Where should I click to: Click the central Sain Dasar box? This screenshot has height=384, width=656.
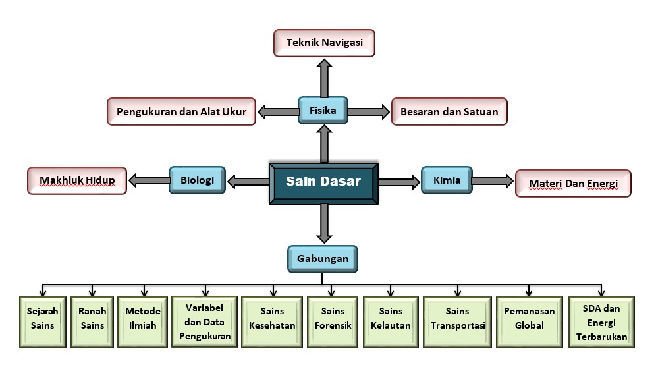[323, 182]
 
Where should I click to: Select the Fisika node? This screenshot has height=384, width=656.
[323, 111]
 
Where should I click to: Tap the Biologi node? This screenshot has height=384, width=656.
[197, 180]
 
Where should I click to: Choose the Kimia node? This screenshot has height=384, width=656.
[447, 180]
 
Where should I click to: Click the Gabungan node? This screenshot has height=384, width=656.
[323, 259]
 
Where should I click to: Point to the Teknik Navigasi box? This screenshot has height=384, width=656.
[323, 43]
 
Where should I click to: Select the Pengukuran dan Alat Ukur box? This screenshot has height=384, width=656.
[181, 112]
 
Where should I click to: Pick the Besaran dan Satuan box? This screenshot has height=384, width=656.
[449, 112]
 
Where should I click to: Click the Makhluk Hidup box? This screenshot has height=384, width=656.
[77, 180]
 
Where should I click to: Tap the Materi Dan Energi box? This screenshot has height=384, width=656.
[573, 183]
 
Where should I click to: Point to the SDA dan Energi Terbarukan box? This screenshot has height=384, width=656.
[601, 322]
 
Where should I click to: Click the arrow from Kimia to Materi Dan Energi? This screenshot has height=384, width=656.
[493, 180]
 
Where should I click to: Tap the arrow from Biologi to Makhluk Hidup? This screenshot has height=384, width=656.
[149, 180]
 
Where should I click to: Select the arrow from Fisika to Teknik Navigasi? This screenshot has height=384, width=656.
[323, 77]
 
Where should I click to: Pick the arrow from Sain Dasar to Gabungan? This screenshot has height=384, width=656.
[323, 223]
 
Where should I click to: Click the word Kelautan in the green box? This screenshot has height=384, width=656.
[391, 325]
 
